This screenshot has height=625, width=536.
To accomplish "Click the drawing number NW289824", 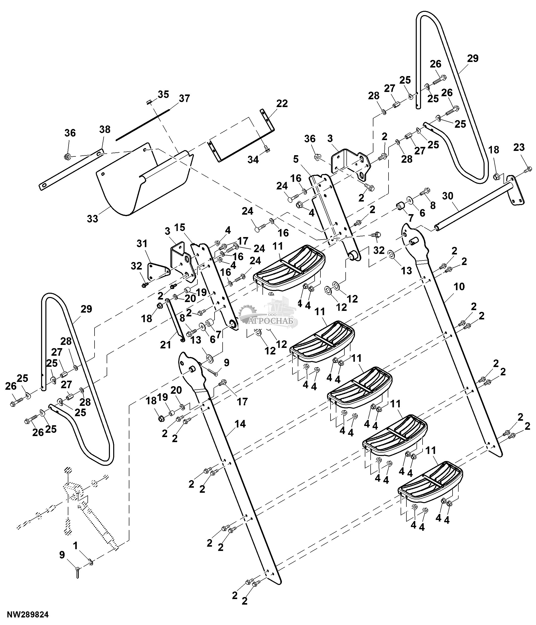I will [28, 614].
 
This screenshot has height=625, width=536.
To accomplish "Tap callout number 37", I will [184, 99].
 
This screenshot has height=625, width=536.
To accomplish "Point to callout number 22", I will [282, 104].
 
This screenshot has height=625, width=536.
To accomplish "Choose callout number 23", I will [519, 148].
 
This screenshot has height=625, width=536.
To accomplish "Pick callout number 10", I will [459, 287].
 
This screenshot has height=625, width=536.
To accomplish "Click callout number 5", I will [296, 159].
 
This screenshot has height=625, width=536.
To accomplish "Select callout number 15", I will [180, 227].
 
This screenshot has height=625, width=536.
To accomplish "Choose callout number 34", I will [253, 159].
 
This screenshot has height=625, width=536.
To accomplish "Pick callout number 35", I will [163, 94].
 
